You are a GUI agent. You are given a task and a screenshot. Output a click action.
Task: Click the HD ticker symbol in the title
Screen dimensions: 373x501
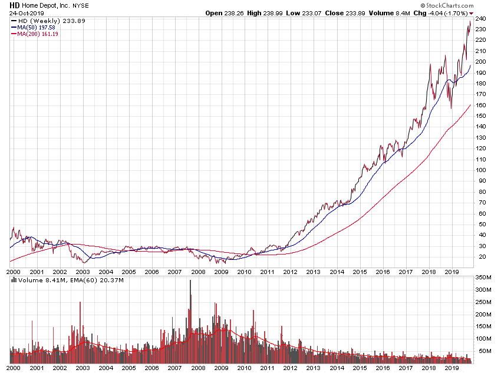(14, 5)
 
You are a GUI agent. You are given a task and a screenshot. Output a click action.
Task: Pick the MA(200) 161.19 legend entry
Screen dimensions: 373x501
(37, 34)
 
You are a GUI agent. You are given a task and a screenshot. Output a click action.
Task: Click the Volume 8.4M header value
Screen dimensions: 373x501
(381, 13)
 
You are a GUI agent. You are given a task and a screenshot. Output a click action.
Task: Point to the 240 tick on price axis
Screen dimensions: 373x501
(481, 18)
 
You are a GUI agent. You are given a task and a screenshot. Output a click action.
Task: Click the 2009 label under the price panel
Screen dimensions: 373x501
(220, 272)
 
